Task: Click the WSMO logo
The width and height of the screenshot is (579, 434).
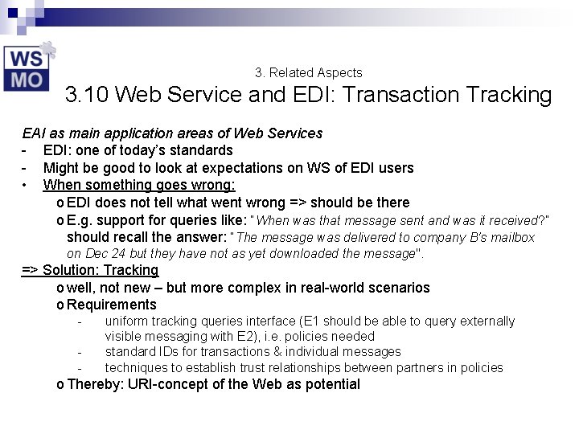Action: (x=29, y=68)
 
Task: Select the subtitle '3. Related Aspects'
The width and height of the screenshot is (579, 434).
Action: (x=308, y=72)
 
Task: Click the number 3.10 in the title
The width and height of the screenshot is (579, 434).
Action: (x=88, y=96)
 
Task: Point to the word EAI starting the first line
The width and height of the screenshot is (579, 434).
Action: (x=34, y=133)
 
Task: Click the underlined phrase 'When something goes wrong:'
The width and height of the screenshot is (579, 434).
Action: (x=139, y=185)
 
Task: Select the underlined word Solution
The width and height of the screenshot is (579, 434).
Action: (x=68, y=271)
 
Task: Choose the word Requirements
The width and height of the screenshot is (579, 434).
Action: (x=112, y=305)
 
